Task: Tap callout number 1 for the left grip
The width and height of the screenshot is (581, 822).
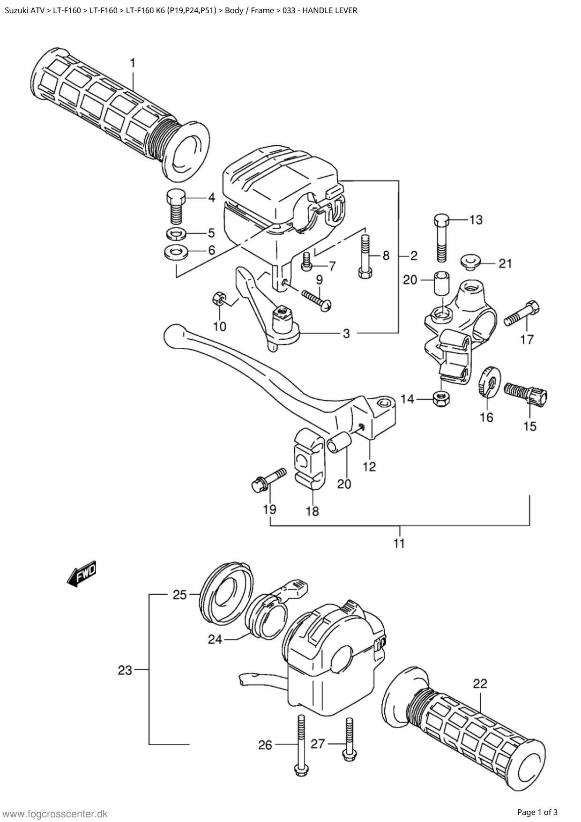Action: point(133,63)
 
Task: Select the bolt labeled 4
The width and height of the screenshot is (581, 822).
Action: point(176,207)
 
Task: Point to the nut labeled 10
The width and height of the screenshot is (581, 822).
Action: point(218,298)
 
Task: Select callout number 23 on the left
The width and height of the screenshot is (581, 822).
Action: point(125,671)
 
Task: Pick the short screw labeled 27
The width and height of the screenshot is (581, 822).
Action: point(349,740)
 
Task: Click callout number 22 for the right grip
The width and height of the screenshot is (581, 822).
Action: point(480,684)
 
